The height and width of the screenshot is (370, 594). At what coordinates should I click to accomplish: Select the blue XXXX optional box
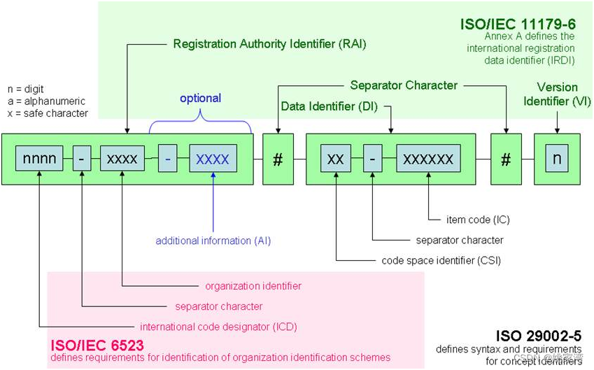click(x=213, y=159)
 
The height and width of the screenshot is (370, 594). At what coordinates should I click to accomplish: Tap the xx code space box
click(x=335, y=159)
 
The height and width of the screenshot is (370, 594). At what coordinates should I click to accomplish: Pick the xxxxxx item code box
click(x=428, y=159)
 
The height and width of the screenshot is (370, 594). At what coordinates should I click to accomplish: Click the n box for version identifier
click(x=557, y=159)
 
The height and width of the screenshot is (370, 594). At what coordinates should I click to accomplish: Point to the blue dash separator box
click(x=168, y=159)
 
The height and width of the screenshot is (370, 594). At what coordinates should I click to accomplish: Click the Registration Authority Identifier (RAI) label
click(x=269, y=44)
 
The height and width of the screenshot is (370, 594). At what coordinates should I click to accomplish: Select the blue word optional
click(x=200, y=98)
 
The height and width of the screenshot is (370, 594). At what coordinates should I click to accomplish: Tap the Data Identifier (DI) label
click(x=327, y=106)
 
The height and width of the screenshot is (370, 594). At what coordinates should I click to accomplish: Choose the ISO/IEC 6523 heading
click(x=96, y=346)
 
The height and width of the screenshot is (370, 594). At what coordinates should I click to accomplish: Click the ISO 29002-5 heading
click(x=539, y=336)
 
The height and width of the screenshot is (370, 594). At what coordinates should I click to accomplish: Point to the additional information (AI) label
click(x=213, y=241)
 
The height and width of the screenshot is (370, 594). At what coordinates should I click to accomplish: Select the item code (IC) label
click(x=478, y=220)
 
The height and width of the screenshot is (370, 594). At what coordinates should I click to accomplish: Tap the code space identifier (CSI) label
click(x=442, y=260)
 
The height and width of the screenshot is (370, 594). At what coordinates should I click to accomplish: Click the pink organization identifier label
click(x=253, y=285)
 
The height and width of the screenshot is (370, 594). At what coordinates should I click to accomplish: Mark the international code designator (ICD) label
click(x=213, y=327)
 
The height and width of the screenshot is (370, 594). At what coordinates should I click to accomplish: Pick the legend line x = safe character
click(x=47, y=113)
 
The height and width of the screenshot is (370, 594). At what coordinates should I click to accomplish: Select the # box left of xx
click(x=278, y=159)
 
